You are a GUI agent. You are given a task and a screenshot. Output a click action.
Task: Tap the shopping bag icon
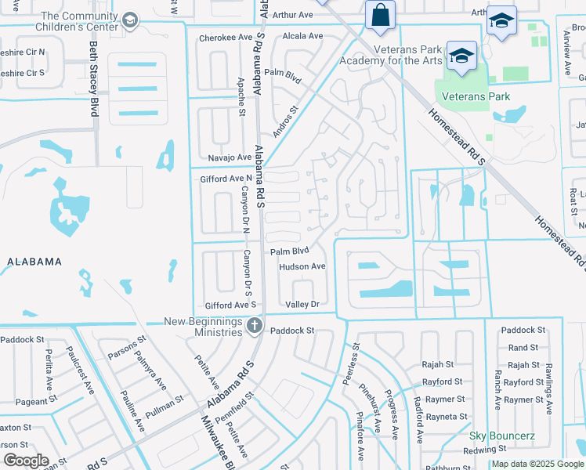point(380,15)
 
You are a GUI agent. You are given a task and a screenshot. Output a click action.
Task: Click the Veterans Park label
point(476,97)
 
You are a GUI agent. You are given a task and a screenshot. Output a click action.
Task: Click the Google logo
point(26,461)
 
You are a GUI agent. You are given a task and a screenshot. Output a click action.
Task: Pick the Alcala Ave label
point(302,36)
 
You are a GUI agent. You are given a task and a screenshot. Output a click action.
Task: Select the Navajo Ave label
point(230,157)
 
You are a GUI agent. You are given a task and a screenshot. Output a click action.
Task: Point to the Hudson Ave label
point(302,266)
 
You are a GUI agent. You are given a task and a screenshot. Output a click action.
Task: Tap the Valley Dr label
point(302,304)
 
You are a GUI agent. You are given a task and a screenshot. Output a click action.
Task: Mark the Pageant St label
point(32,402)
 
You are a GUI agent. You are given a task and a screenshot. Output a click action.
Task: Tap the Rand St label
point(523,348)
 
